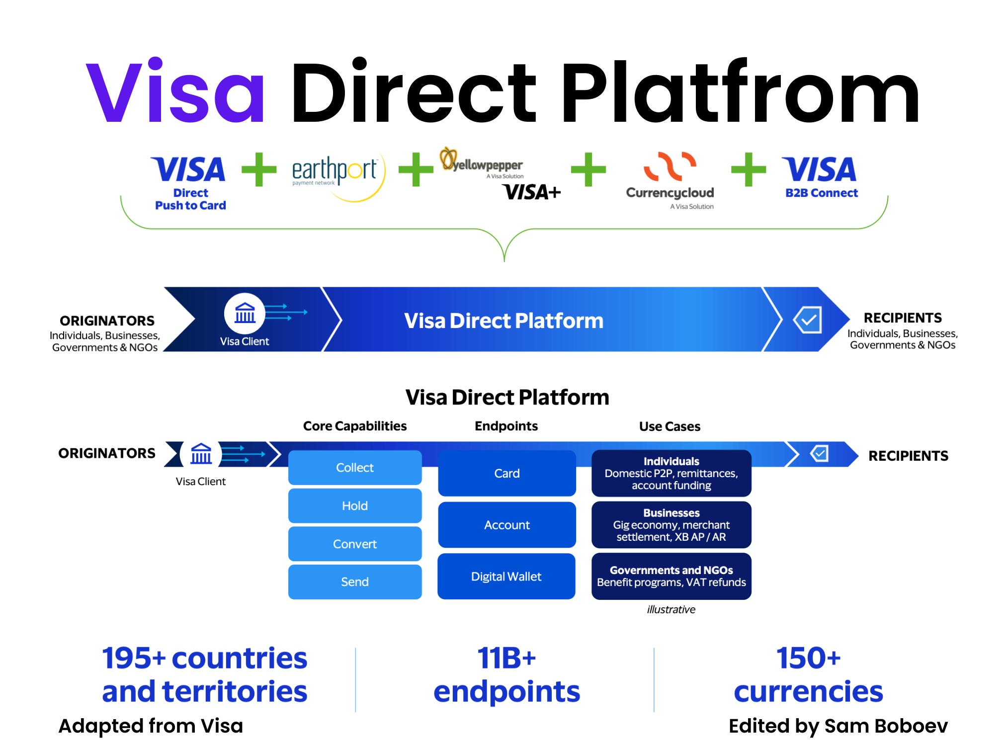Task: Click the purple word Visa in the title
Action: pos(175,92)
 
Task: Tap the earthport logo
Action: pos(336,171)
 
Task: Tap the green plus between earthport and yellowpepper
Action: pos(416,169)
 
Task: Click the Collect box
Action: pos(354,468)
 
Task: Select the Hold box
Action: pos(354,506)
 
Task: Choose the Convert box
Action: pos(354,544)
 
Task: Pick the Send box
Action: pos(354,582)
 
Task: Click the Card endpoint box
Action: pos(506,474)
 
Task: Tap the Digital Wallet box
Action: pos(506,577)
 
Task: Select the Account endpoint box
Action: pos(506,525)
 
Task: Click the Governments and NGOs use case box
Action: pos(671,577)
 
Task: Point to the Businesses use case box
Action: pos(671,525)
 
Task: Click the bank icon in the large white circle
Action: pos(245,314)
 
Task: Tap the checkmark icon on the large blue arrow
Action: pos(807,320)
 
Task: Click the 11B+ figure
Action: pos(506,658)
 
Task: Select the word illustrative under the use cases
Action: pos(671,610)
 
